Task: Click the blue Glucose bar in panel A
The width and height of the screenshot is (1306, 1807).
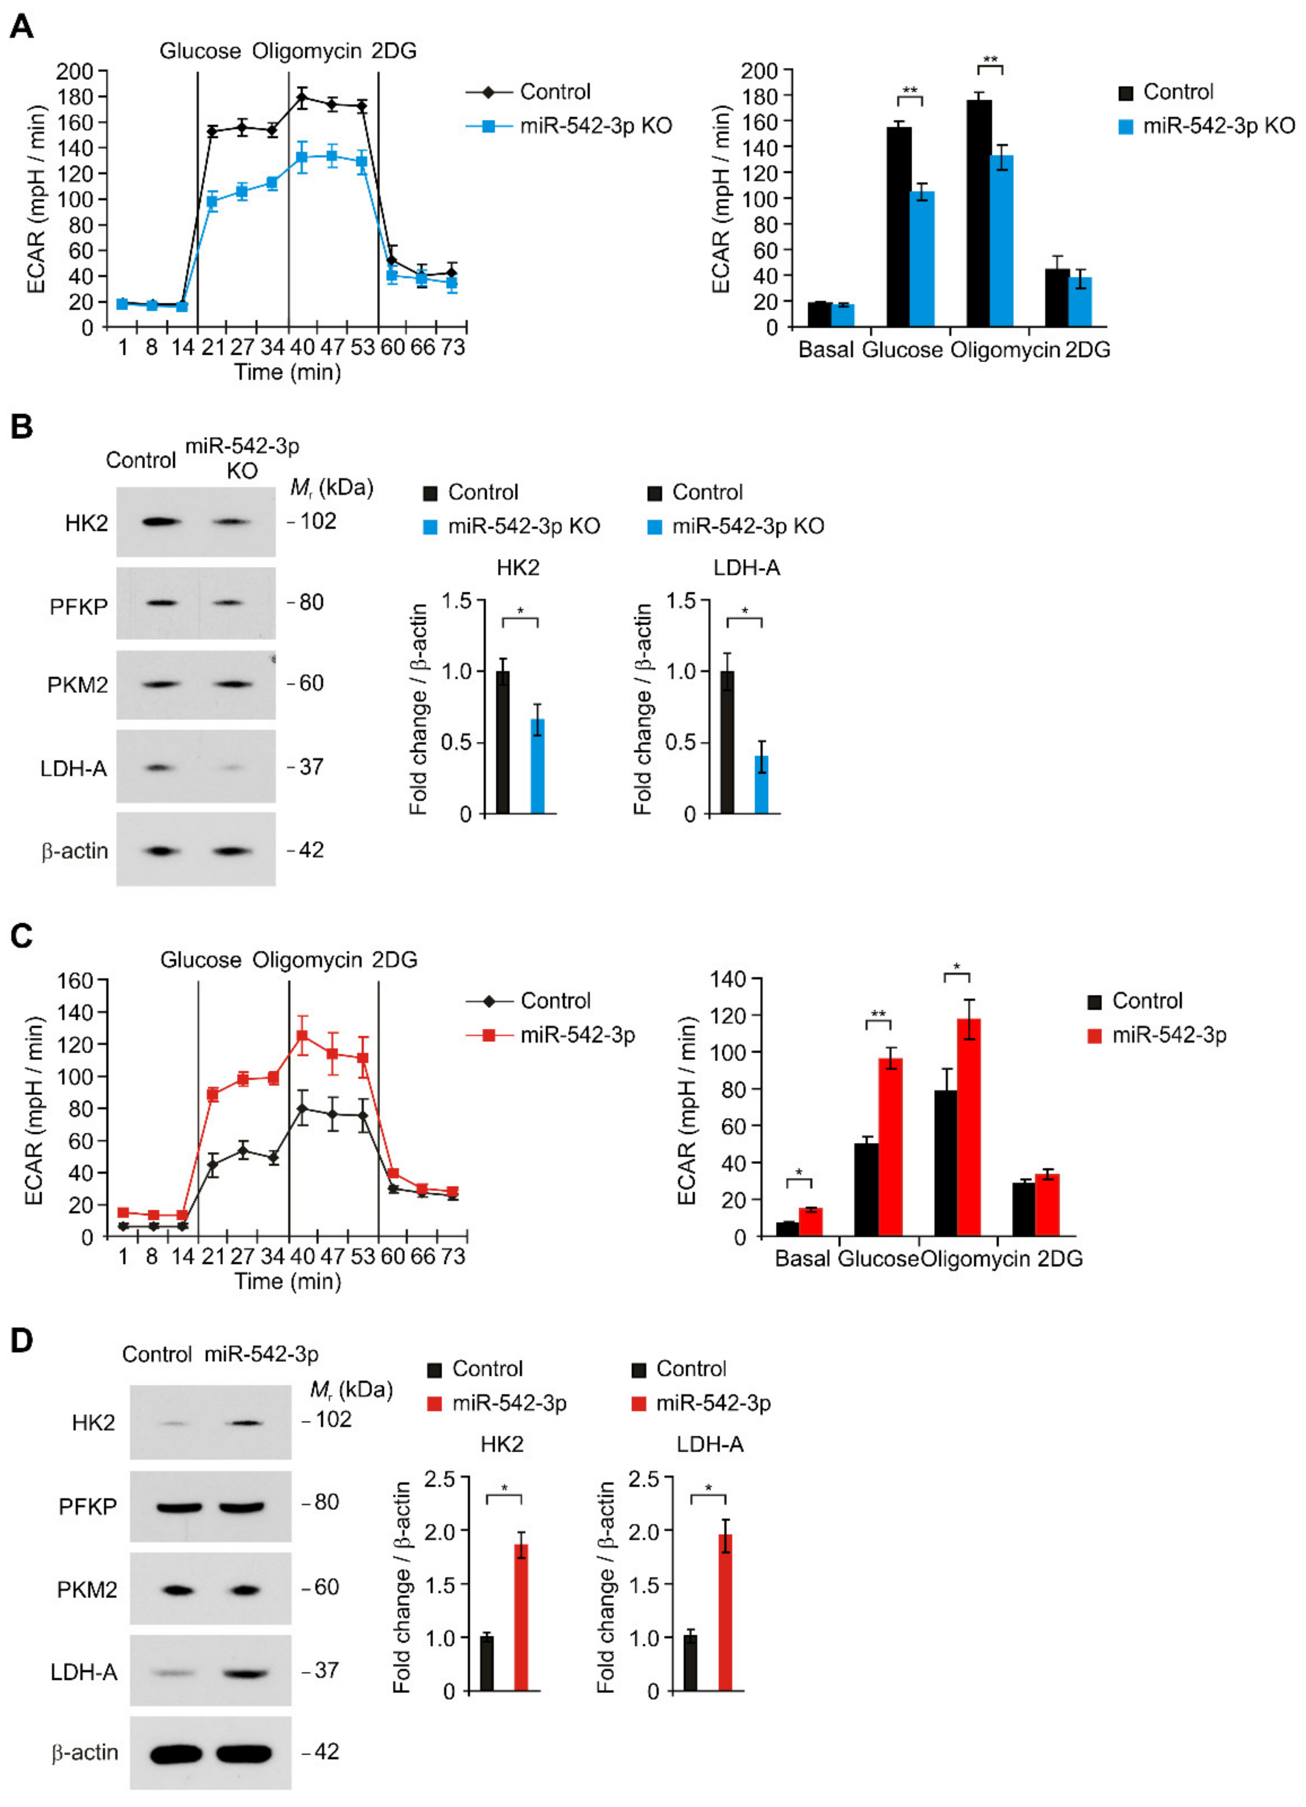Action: [x=922, y=259]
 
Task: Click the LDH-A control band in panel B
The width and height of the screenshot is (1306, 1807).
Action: [x=160, y=767]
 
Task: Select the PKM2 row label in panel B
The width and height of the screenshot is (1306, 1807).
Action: [x=77, y=685]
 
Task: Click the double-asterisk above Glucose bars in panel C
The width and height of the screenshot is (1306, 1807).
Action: [x=877, y=1014]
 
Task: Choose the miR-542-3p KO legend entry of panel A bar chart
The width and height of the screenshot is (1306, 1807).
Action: [x=1218, y=126]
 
